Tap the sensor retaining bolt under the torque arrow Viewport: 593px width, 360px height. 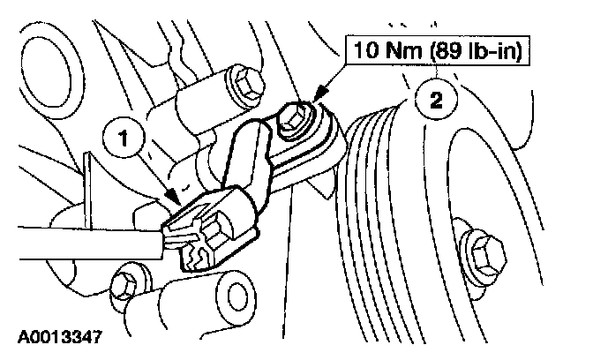coord(294,121)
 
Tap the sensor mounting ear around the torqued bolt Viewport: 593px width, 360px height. coord(322,146)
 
